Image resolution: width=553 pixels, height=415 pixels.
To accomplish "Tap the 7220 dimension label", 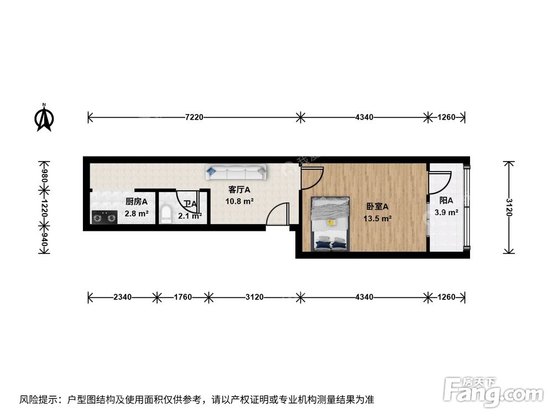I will point(194,117).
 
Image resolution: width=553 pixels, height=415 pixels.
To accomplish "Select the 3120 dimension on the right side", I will point(509,207).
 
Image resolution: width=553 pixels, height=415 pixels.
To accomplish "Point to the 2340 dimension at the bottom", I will point(122,297).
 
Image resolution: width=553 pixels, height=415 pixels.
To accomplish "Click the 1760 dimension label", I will point(182,297).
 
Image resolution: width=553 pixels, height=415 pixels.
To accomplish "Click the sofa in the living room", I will point(237,172).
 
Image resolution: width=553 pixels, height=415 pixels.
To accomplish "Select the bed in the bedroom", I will point(330,223).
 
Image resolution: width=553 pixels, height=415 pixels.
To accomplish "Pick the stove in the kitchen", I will point(105,217).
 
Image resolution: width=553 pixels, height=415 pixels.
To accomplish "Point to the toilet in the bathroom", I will point(167,214).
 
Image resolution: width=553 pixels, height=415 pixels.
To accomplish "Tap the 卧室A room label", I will point(377,206).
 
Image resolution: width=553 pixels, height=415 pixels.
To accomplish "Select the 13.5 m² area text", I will point(377,218).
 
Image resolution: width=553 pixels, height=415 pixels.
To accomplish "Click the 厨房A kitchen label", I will point(136,201).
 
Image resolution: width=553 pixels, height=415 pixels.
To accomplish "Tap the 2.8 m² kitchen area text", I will point(136,213).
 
